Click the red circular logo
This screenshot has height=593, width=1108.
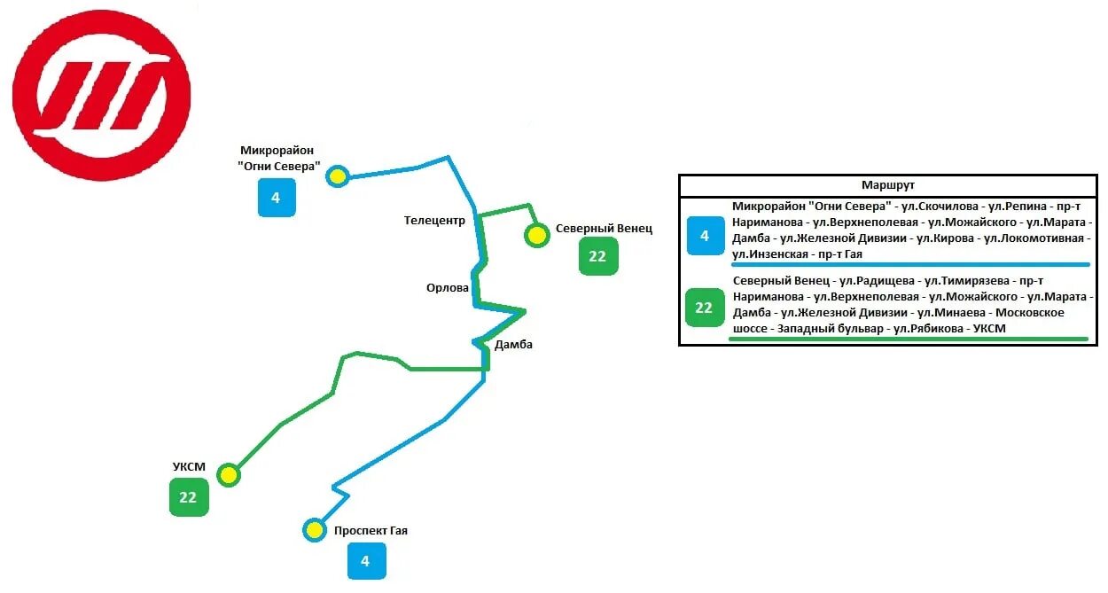point(102,96)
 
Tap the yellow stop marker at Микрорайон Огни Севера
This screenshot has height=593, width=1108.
point(337,176)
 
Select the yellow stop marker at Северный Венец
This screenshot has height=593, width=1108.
point(536,236)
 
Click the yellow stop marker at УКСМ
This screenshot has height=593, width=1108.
point(230,475)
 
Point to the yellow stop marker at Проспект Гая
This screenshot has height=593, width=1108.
point(314,530)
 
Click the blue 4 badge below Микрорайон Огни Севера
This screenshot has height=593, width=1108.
point(276,198)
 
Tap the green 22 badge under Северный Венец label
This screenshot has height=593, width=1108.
point(597,256)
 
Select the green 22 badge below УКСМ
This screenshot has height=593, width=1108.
point(188,497)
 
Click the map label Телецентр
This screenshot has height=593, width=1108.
point(434,222)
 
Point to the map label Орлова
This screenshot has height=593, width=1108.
point(447,287)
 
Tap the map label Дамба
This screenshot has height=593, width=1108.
point(514,344)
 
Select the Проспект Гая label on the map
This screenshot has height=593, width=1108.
point(371,531)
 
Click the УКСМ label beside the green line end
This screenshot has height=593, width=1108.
point(189,467)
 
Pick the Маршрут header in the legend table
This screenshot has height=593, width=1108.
point(888,185)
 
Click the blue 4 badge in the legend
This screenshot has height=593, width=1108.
point(705,236)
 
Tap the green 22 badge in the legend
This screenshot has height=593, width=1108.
point(704,308)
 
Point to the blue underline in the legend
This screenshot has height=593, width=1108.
point(909,264)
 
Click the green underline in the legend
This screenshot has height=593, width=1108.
point(909,339)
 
